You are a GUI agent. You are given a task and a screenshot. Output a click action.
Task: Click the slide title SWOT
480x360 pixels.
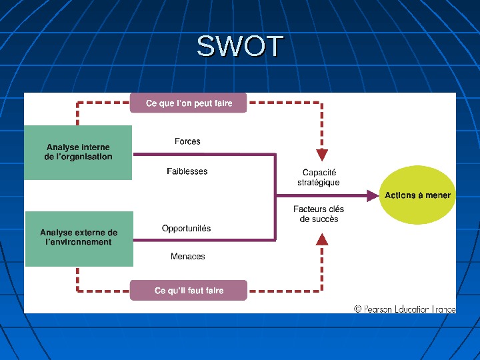[x=240, y=47]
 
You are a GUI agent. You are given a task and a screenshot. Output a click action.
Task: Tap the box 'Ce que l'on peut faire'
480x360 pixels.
[x=189, y=103]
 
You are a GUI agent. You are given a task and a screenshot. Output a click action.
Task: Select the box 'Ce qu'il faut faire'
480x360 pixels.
[x=189, y=291]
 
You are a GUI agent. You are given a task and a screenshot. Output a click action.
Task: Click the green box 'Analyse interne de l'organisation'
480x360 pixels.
[x=78, y=152]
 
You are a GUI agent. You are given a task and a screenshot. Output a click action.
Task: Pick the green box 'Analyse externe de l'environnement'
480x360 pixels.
[x=79, y=238]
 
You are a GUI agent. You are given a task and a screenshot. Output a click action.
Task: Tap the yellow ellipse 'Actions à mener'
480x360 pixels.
[x=417, y=195]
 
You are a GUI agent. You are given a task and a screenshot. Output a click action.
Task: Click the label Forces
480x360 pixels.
[x=187, y=141]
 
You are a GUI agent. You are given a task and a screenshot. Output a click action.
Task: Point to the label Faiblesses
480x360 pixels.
[x=187, y=171]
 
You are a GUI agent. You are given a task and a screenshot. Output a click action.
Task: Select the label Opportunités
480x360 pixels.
[x=187, y=228]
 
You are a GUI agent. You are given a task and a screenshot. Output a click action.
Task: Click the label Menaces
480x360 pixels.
[x=188, y=256]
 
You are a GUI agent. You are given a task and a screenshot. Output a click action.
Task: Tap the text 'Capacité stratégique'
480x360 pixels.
[x=319, y=177]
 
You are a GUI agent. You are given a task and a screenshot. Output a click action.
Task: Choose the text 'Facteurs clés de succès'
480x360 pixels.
[x=319, y=214]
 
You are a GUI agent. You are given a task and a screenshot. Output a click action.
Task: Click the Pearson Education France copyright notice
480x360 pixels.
[x=405, y=309]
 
